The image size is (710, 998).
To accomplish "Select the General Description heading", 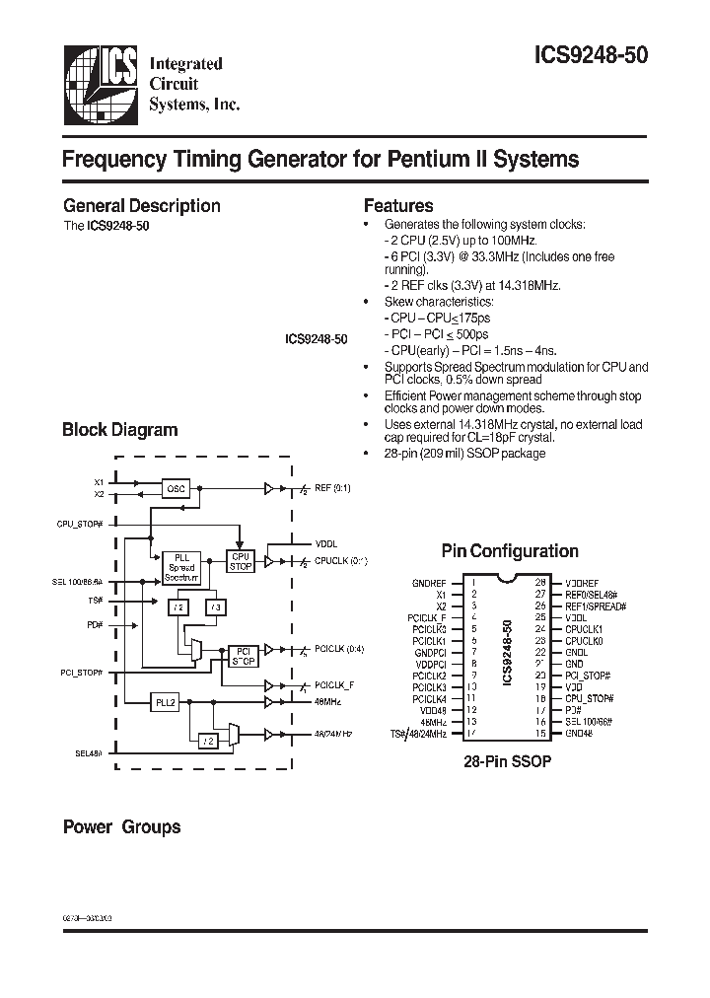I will click(141, 206).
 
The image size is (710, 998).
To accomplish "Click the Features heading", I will click(398, 206).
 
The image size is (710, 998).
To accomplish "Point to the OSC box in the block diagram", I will click(176, 488).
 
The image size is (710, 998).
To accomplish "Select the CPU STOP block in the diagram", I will click(241, 561).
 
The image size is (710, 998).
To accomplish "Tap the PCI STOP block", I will click(242, 655).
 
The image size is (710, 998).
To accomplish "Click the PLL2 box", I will click(165, 702).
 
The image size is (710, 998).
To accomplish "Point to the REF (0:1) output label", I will click(332, 488).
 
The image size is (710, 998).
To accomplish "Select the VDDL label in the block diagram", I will click(325, 542).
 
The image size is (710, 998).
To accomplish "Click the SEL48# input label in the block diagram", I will click(89, 753).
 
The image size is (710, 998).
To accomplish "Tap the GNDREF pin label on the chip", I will click(429, 583).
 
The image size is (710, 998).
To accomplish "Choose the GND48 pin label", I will click(580, 733).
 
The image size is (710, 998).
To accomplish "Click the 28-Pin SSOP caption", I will click(507, 762).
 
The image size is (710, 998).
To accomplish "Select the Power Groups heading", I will click(121, 826).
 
